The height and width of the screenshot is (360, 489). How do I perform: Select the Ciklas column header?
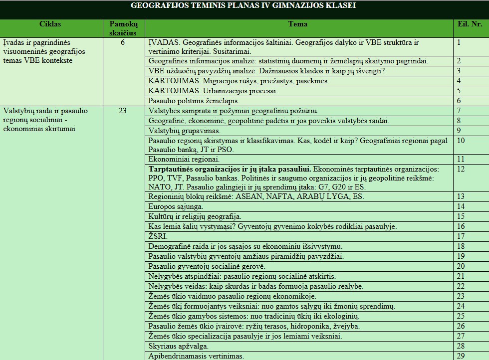(x=50, y=24)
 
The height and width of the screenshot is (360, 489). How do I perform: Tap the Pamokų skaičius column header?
(x=123, y=28)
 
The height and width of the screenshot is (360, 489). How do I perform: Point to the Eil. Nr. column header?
(x=470, y=24)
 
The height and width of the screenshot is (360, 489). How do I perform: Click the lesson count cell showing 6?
(x=123, y=43)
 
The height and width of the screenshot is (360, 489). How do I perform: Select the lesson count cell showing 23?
(x=123, y=111)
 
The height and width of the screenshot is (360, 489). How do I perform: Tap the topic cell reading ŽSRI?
(x=158, y=236)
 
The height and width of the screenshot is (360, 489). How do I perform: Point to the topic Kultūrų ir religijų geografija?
(x=195, y=216)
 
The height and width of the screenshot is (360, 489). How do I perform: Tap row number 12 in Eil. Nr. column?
(x=461, y=169)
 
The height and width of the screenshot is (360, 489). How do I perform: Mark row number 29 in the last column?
(x=461, y=356)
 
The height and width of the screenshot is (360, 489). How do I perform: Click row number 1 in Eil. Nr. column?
(x=459, y=42)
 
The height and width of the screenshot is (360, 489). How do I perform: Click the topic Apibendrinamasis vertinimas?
(x=196, y=356)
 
